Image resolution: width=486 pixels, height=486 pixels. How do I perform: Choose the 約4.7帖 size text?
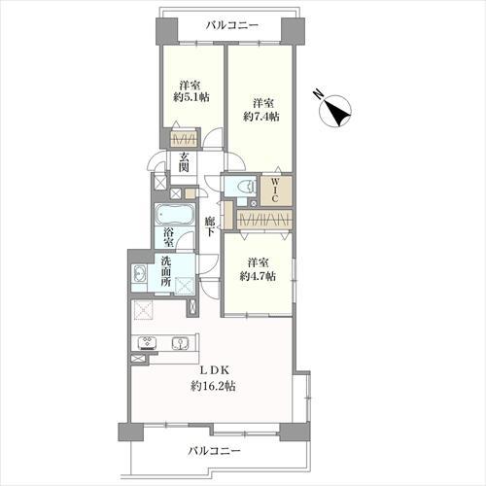258,276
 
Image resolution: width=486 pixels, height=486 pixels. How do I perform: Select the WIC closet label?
275,188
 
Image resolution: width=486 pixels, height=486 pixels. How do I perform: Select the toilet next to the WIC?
243,186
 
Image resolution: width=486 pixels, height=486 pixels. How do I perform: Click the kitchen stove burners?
148,342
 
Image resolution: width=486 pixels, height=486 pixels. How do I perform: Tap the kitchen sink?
182,342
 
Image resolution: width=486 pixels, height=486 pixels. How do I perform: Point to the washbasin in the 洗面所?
139,276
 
